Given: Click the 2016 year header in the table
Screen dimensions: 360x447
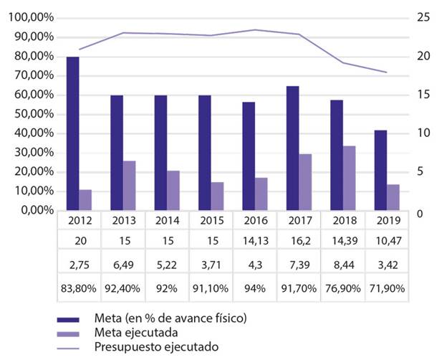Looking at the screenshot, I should (x=256, y=219).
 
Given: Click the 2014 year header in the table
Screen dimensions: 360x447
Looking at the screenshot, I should (x=166, y=219).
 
